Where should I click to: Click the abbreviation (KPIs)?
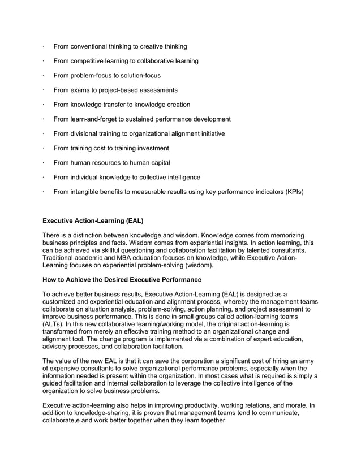click(290, 192)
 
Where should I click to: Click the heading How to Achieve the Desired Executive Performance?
click(122, 279)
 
